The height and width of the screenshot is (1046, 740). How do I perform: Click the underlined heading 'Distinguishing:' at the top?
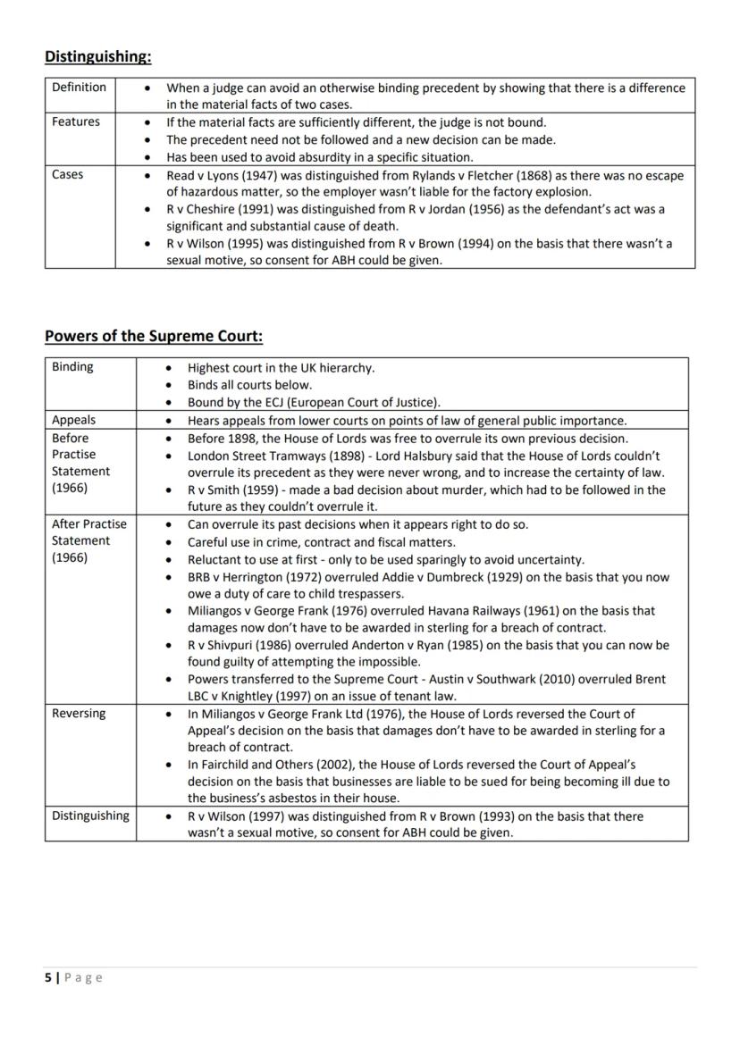[x=98, y=56]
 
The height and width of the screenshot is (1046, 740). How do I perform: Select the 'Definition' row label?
[x=79, y=88]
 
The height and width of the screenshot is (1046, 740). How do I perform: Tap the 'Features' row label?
[x=76, y=122]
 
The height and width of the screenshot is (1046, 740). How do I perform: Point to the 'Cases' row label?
[x=68, y=175]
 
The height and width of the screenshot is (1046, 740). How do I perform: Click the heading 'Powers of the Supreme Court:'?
[x=154, y=337]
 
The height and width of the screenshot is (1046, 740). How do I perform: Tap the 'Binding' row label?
[x=72, y=367]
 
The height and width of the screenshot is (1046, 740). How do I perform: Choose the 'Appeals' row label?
[x=73, y=420]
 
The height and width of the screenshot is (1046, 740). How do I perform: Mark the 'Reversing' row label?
[x=79, y=714]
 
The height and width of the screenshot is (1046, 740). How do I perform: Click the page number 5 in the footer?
[x=48, y=978]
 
